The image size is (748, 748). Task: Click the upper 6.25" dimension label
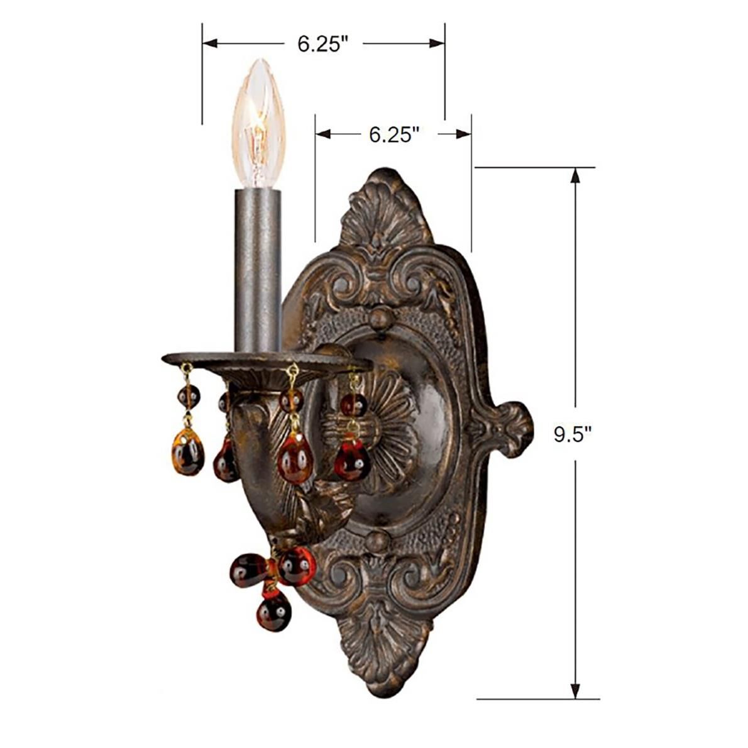[323, 44]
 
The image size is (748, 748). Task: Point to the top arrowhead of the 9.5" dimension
[574, 175]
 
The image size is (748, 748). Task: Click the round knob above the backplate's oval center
[380, 319]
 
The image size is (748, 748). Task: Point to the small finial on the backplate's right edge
[509, 428]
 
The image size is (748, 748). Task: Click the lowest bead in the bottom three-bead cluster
[274, 612]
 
